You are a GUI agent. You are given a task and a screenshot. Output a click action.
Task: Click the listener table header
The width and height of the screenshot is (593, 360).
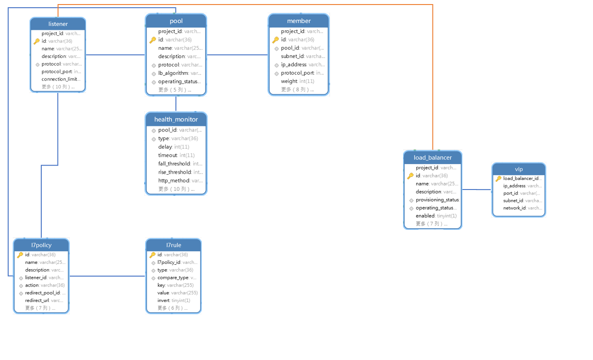pos(58,24)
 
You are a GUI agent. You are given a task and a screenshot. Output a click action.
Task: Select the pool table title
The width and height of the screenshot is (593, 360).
pos(176,21)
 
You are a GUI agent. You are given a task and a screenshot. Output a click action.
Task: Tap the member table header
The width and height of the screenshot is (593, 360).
pos(299,21)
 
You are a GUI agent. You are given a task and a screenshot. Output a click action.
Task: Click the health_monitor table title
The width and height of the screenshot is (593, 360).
pos(176,119)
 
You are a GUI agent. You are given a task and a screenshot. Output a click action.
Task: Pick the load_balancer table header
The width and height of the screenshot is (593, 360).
pos(433,158)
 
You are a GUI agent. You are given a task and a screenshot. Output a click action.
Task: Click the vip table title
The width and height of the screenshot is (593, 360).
pos(519,169)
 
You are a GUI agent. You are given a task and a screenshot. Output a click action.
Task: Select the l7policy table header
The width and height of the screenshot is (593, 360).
pos(41,245)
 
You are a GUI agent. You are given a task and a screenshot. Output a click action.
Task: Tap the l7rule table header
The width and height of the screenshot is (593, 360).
pos(173,245)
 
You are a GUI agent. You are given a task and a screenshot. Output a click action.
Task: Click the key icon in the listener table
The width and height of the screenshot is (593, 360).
pos(37,41)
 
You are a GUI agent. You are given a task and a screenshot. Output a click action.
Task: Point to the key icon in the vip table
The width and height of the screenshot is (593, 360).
pos(498,179)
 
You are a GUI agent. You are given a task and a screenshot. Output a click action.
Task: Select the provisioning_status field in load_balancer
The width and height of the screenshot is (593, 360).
pos(437,200)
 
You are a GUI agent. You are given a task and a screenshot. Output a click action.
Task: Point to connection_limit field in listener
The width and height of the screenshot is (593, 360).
pos(61,79)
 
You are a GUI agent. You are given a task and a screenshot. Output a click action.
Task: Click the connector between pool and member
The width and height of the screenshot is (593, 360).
pos(237,55)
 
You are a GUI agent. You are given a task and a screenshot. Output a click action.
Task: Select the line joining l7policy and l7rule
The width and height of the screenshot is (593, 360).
pos(107,276)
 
